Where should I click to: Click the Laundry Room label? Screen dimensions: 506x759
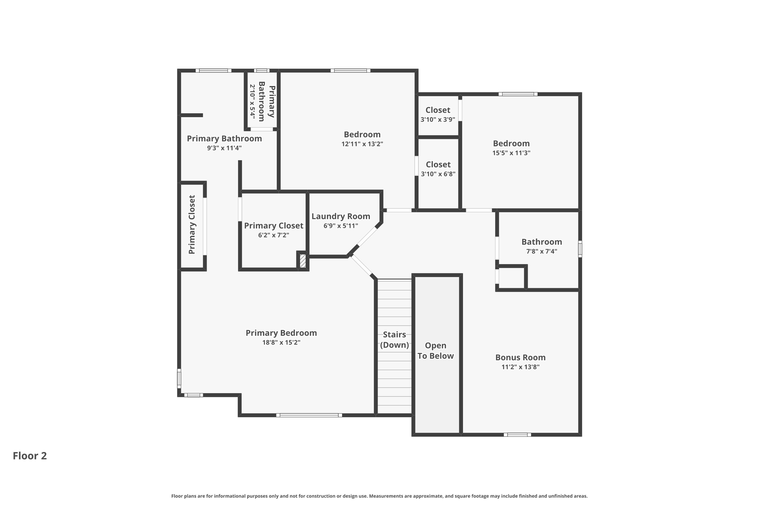point(341,216)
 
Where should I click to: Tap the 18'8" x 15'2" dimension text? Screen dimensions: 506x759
point(281,343)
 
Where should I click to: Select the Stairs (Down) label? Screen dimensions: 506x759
point(394,340)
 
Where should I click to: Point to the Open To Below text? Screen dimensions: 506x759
point(435,351)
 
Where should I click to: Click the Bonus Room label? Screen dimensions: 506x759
point(520,357)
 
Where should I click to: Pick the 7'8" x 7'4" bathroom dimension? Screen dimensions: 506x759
point(541,251)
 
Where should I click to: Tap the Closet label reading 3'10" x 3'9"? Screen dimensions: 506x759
point(438,110)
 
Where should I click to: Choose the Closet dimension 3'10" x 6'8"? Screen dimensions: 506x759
point(438,174)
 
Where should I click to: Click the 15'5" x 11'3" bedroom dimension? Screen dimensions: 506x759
point(511,153)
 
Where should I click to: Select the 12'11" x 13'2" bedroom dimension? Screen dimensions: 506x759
point(362,144)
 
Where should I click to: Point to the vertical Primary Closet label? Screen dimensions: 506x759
point(192,225)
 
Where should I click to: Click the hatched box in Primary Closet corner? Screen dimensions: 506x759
point(303,261)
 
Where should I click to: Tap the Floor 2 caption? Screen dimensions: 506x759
point(30,456)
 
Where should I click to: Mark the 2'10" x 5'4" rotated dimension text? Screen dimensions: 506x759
point(252,101)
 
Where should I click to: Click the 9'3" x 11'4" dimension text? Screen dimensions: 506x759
point(224,148)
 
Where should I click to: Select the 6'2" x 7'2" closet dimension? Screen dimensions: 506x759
point(274,235)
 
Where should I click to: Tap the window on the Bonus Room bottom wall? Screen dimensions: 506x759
point(517,434)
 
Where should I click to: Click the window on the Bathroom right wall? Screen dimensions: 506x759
point(580,249)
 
